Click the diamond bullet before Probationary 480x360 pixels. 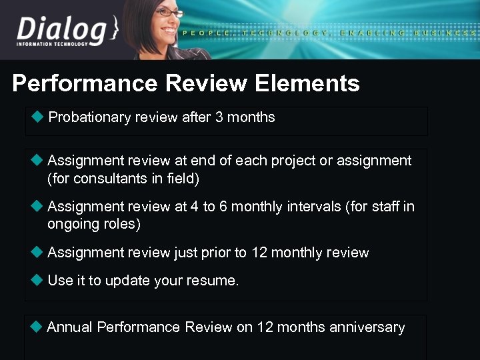[37, 117]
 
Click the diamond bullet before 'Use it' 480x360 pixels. [37, 280]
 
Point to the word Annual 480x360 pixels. [70, 327]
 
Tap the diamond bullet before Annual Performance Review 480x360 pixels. [37, 327]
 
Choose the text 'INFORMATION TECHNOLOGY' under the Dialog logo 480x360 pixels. [52, 45]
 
